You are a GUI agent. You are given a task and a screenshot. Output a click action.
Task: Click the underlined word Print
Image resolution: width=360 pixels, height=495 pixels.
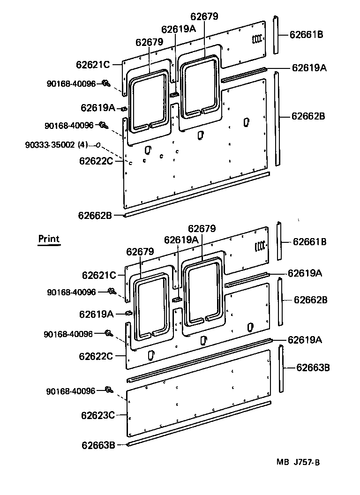tap(49, 239)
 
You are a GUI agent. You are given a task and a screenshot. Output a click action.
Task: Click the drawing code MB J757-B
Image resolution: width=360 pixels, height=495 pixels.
tap(298, 462)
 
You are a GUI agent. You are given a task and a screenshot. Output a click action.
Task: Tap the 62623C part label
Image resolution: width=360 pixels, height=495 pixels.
tap(97, 415)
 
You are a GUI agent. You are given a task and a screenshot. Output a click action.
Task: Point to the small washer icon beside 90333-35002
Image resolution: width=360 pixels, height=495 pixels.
tap(97, 145)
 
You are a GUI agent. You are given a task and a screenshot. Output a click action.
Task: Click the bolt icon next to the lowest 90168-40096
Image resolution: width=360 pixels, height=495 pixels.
tap(109, 390)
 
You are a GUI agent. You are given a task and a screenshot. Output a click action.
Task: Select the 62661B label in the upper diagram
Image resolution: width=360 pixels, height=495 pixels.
tap(306, 34)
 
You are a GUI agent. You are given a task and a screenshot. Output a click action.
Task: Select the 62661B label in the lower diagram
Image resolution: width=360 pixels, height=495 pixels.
tap(310, 242)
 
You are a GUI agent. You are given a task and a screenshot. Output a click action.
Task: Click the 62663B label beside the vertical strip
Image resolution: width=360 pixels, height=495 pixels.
tap(313, 367)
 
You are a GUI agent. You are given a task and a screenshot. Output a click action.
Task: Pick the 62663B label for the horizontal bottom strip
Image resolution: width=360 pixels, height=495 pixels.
tap(97, 445)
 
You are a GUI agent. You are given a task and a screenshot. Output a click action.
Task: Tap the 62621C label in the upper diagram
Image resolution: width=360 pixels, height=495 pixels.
tap(92, 65)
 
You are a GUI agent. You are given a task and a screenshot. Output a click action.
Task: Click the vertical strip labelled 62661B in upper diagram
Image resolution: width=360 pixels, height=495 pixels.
tap(276, 35)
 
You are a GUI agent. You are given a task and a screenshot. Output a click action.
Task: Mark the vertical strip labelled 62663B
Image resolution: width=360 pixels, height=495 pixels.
tap(281, 368)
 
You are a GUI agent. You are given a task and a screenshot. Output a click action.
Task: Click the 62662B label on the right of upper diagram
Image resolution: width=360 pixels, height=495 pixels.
tap(308, 116)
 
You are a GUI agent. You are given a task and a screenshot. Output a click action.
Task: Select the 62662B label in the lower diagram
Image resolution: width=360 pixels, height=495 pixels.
tap(310, 300)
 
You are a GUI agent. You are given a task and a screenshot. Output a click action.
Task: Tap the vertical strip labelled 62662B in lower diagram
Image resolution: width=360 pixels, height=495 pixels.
tap(280, 301)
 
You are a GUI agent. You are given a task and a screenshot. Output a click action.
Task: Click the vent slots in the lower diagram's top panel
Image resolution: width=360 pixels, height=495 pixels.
tap(260, 246)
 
